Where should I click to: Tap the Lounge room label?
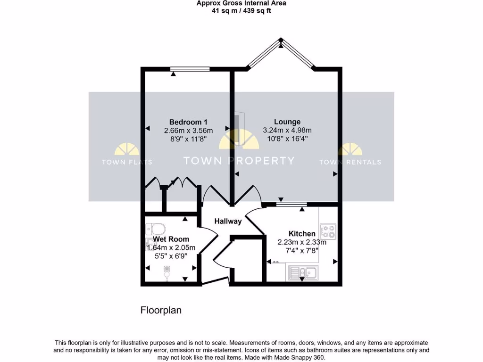(287, 122)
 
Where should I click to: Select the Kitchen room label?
(302, 233)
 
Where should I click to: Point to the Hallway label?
(228, 221)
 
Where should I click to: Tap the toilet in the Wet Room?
(156, 229)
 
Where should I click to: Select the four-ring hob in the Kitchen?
(328, 231)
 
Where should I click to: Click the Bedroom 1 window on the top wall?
(190, 69)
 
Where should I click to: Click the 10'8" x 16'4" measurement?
(287, 139)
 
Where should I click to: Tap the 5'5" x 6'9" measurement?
(171, 255)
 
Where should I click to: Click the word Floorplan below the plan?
(161, 311)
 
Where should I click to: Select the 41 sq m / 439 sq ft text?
(241, 11)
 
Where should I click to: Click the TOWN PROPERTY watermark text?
(239, 161)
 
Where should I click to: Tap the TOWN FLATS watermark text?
(127, 162)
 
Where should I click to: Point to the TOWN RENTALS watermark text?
(350, 162)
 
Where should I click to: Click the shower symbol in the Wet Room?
(166, 271)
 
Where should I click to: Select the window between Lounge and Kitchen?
(291, 205)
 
